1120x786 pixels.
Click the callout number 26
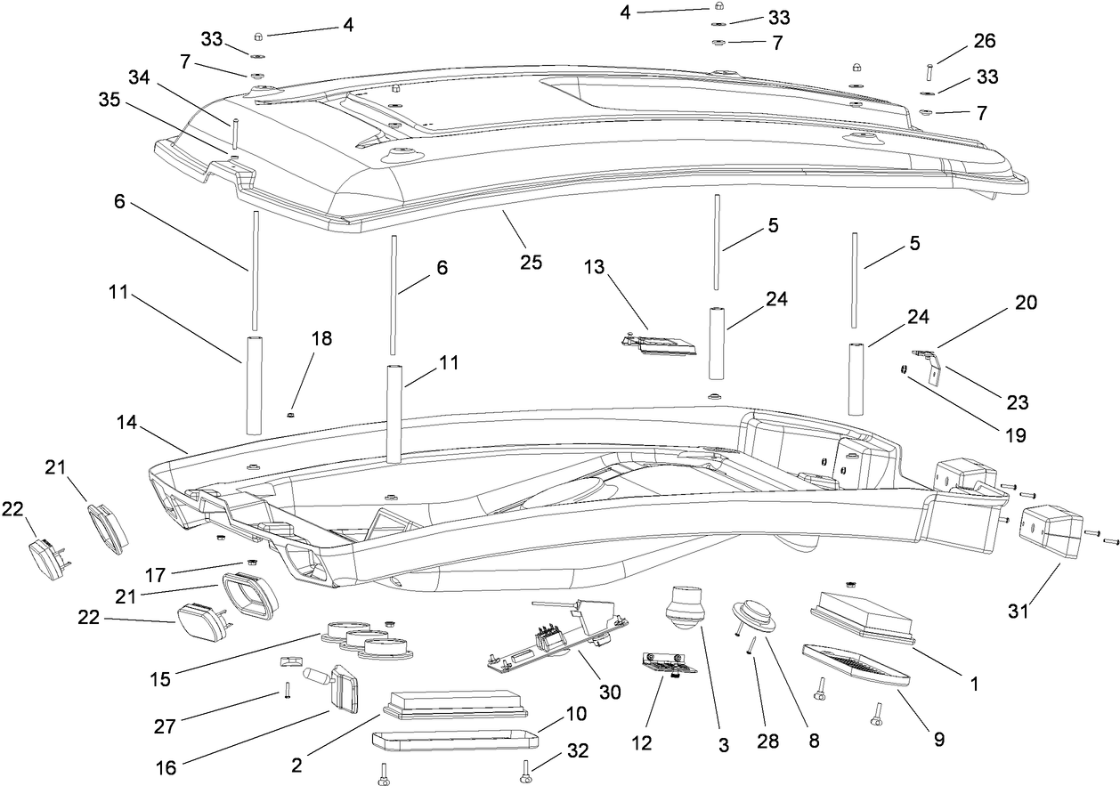[x=985, y=41]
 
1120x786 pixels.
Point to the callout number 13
[x=596, y=267]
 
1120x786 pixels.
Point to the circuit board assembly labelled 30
[x=556, y=637]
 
